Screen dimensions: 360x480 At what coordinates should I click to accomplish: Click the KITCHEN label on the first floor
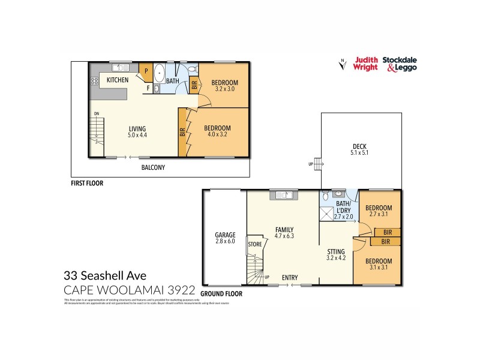pos(118,80)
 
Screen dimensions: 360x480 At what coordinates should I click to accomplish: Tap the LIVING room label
pos(137,128)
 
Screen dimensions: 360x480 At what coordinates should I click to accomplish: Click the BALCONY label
pos(153,167)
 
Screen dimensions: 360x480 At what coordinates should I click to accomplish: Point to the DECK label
pos(359,147)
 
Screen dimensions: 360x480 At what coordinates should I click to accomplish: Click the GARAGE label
pos(225,235)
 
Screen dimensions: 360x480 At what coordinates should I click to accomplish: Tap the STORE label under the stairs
pos(255,244)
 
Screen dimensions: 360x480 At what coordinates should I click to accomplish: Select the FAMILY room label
pos(284,230)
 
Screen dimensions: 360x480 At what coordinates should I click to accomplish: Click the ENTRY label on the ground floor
pos(290,277)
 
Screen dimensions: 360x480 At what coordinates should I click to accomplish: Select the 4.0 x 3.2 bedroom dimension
pos(217,135)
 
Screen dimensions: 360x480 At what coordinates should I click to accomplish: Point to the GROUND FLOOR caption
pos(221,294)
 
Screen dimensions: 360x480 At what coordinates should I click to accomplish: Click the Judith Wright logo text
pos(366,63)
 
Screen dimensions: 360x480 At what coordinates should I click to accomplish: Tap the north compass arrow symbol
pos(341,64)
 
